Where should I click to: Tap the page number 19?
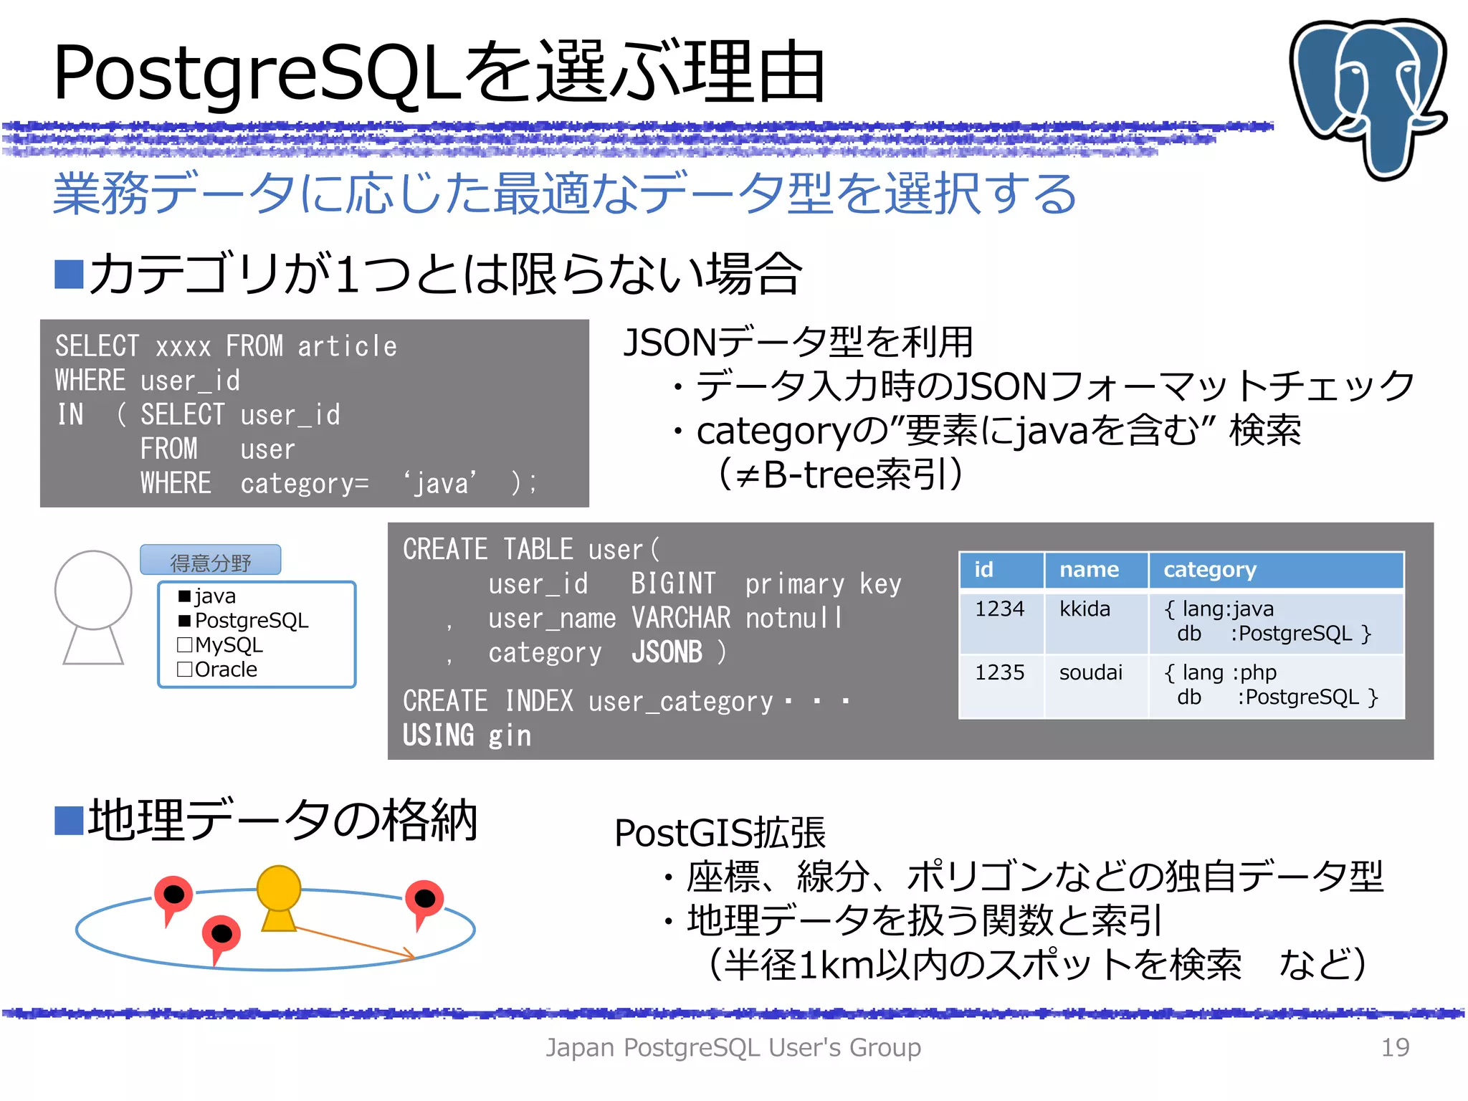coord(1394,1047)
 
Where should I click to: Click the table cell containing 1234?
coord(999,609)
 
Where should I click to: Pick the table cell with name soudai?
coord(1090,673)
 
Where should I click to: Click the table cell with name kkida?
coord(1085,609)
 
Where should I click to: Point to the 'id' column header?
coord(983,570)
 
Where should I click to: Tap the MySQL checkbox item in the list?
coord(220,645)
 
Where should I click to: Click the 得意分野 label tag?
coord(210,561)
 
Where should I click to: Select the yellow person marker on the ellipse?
coord(279,896)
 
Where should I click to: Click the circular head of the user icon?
coord(93,590)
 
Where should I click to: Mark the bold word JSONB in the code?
coord(667,652)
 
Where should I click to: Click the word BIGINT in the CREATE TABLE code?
coord(673,584)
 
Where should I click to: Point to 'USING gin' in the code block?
coord(467,735)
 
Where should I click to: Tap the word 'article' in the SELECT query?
coord(347,347)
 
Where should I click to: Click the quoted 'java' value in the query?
coord(441,484)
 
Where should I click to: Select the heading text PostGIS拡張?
coord(720,833)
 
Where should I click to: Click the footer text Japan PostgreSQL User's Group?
coord(733,1047)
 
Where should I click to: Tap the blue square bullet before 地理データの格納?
coord(69,821)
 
